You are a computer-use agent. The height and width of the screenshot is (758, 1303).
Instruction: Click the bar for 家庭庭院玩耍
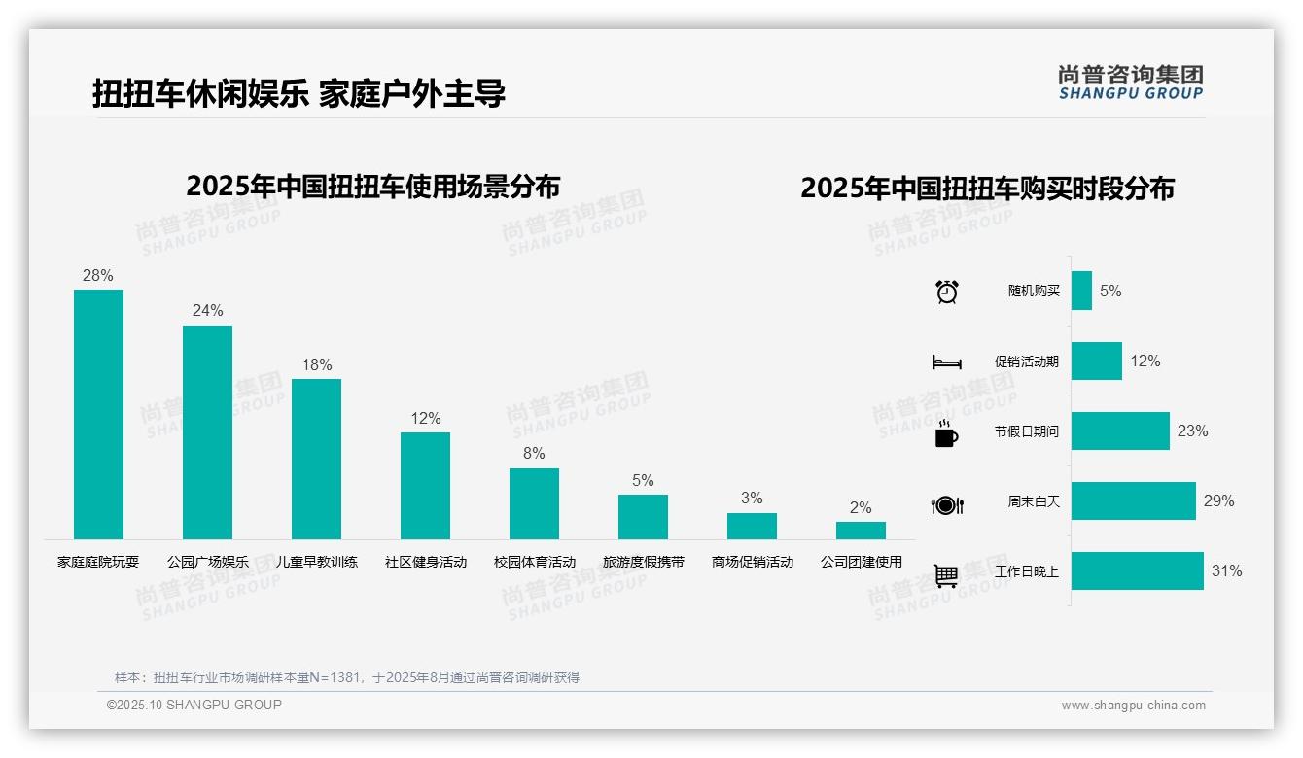tap(98, 414)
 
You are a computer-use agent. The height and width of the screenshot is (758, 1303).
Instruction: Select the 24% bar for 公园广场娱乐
tap(207, 431)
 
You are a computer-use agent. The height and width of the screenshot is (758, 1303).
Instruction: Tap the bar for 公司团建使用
tap(861, 531)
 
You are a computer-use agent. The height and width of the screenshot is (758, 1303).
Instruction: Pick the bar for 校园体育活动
tap(534, 503)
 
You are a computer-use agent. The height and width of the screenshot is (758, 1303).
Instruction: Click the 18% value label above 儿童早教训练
tap(317, 365)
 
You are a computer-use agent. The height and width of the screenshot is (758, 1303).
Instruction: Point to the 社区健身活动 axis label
tap(425, 562)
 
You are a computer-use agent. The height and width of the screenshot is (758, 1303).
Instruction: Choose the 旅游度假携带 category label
tap(643, 562)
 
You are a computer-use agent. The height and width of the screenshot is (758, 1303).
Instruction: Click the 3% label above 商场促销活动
tap(752, 499)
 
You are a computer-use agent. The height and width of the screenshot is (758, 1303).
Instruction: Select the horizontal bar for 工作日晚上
tap(1137, 570)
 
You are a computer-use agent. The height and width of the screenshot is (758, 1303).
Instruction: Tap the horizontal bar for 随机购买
tap(1081, 291)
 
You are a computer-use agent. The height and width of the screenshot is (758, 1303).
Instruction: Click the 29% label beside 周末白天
tap(1218, 500)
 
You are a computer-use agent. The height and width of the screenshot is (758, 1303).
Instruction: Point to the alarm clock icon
tap(947, 292)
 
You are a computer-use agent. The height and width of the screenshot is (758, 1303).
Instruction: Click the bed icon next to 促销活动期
tap(946, 362)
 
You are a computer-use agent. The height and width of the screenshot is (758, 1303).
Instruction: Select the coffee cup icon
tap(946, 433)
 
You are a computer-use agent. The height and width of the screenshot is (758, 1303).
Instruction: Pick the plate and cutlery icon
tap(947, 505)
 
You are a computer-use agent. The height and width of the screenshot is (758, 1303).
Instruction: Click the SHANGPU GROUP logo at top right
tap(1130, 83)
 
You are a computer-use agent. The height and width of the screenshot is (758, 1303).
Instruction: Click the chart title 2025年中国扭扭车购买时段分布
tap(987, 189)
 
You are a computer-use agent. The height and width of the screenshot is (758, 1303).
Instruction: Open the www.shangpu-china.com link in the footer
tap(1133, 706)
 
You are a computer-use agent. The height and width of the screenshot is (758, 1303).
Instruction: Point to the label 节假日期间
tap(1026, 431)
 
